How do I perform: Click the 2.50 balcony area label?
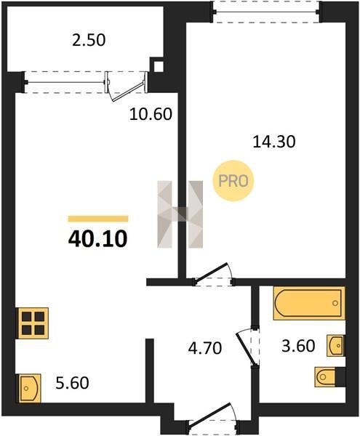point(89,40)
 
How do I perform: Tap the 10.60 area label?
point(151,114)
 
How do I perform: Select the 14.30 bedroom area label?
point(274,142)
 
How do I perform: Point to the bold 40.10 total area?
point(97,239)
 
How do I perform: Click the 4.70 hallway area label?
point(205,348)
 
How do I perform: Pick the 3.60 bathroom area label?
point(298,346)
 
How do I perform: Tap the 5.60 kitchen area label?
point(72,383)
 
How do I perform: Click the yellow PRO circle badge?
point(233,181)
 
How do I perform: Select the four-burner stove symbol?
point(33,323)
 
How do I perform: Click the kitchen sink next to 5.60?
point(30,388)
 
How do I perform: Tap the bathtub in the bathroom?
point(309,303)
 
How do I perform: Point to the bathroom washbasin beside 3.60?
point(335,346)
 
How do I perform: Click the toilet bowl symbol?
point(327,377)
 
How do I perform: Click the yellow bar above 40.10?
point(98,219)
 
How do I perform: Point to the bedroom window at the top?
point(266,12)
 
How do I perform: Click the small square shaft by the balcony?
point(159,66)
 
